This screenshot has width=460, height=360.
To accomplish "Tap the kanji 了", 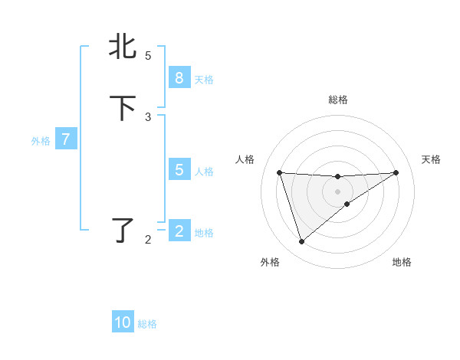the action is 123,230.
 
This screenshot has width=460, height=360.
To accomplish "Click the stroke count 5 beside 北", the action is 148,55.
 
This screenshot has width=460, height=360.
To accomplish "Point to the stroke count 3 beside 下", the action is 148,116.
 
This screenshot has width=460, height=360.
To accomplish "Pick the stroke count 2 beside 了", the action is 148,240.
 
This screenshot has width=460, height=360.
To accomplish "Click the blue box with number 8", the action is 179,77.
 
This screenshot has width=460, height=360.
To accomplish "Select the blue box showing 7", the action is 66,139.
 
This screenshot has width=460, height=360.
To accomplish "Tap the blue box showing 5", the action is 179,170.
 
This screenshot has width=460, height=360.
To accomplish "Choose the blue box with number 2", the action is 179,231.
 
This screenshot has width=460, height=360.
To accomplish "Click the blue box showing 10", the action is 123,322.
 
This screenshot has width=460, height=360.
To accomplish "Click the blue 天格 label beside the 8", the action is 204,80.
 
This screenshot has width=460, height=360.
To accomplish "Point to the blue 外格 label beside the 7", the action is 41,141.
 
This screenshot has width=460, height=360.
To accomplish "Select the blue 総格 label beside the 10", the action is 147,324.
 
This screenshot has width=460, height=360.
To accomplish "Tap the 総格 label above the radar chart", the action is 337,100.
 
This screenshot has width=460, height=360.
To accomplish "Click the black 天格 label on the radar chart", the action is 432,159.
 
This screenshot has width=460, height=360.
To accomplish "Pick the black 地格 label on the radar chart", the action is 402,262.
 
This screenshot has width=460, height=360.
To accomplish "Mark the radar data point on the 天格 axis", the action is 396,172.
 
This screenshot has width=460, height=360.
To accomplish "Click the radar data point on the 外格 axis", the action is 301,242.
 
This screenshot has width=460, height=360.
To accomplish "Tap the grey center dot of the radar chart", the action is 337,191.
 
